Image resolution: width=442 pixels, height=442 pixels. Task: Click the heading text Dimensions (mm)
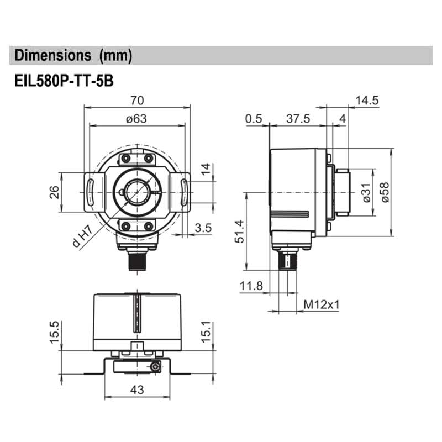coord(73,55)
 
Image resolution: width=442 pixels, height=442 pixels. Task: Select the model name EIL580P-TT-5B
coord(64,80)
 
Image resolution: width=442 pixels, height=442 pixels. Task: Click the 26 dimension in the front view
coord(54,192)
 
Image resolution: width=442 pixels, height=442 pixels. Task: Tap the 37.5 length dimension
coord(298,118)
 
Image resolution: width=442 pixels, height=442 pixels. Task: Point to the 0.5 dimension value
coord(254,118)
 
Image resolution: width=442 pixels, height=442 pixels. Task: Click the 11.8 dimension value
coord(251,286)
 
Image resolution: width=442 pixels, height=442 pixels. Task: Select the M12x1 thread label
coord(321,304)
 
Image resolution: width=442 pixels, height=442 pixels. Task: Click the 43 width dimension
coord(136,390)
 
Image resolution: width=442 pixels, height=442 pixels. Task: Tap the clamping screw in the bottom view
coord(157,367)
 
